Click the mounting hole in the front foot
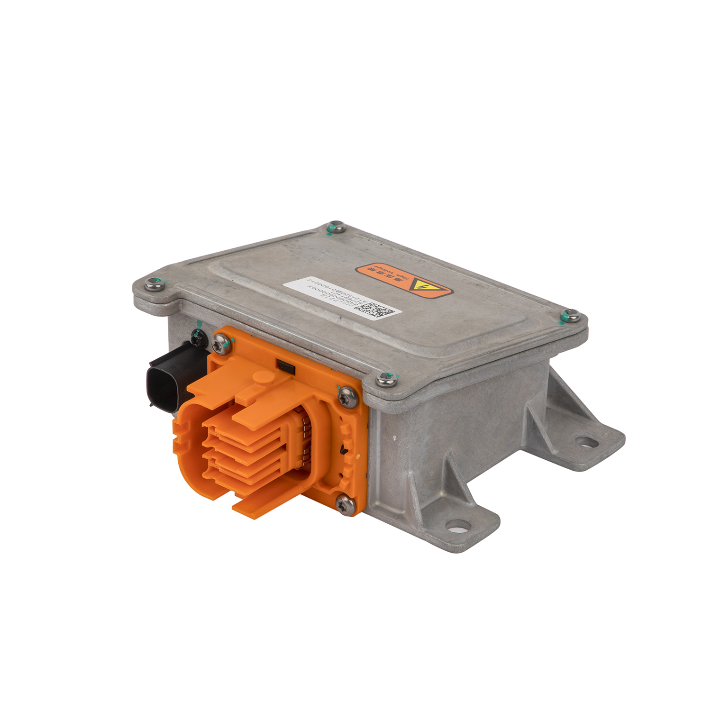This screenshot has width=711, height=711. [x=458, y=525]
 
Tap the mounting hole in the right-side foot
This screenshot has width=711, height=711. [x=587, y=443]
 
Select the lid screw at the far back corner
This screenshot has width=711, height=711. [x=336, y=227]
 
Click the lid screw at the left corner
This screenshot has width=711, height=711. [x=154, y=284]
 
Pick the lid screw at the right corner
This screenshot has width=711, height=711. [x=571, y=315]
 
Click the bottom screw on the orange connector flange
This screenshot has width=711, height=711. [x=345, y=504]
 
